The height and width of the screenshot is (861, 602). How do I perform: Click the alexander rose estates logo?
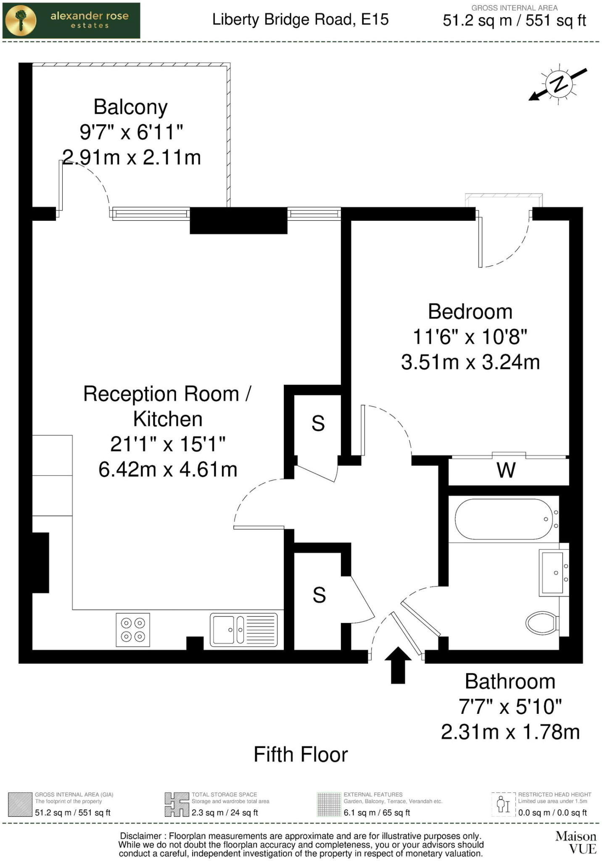pos(71,21)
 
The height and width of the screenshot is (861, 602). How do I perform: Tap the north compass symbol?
pos(558,84)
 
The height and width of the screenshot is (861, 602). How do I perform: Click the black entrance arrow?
pos(398,665)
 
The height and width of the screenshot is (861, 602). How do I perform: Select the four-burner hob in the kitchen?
pos(133,630)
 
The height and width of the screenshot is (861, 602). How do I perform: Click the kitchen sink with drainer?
pos(244,630)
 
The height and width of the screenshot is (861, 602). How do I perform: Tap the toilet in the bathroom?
pos(543,623)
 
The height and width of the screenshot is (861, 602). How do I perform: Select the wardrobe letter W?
pos(506,470)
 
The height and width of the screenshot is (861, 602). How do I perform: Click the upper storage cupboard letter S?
pos(318,423)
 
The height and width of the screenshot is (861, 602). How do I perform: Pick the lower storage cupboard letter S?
pos(319,595)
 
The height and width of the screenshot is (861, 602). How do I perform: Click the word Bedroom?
pos(470,312)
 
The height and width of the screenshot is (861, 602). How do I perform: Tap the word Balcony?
pos(130,107)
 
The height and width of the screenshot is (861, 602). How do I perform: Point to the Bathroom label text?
pos(510,681)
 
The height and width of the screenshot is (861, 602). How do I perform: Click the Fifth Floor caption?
pos(301,755)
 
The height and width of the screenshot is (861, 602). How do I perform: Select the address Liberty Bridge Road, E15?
pos(301,20)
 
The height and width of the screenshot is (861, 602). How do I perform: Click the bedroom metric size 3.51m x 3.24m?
pos(470,362)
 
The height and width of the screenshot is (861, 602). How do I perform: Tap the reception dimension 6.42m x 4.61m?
pos(168,470)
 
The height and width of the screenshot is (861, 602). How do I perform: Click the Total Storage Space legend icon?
pos(177,805)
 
